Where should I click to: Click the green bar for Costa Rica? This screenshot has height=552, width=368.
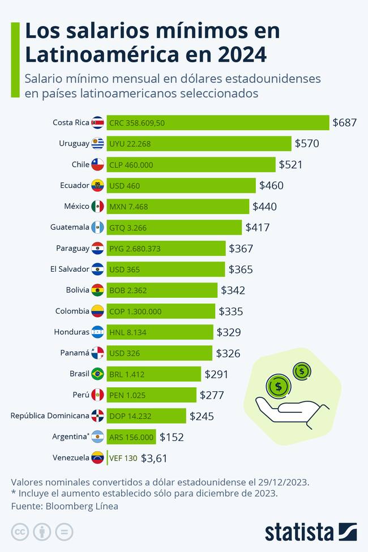pyautogui.click(x=217, y=122)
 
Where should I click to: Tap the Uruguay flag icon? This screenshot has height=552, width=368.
pyautogui.click(x=97, y=143)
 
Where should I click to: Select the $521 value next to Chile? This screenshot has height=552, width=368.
pyautogui.click(x=290, y=164)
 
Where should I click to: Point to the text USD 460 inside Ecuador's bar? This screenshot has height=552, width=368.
pyautogui.click(x=125, y=186)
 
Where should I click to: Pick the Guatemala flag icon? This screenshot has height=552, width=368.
pyautogui.click(x=97, y=227)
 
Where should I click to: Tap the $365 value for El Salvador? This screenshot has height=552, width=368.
pyautogui.click(x=241, y=269)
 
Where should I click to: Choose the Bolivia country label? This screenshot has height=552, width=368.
pyautogui.click(x=78, y=290)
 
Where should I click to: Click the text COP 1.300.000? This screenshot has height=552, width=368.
pyautogui.click(x=135, y=311)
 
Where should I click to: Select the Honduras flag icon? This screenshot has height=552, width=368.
pyautogui.click(x=97, y=332)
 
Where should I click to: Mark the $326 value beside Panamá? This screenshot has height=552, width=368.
pyautogui.click(x=228, y=353)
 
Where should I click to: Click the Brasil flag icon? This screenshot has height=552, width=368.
pyautogui.click(x=97, y=374)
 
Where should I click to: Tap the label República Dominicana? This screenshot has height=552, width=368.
pyautogui.click(x=50, y=416)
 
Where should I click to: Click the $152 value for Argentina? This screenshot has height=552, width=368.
pyautogui.click(x=172, y=437)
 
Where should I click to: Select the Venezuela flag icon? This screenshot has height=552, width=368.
pyautogui.click(x=97, y=457)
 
